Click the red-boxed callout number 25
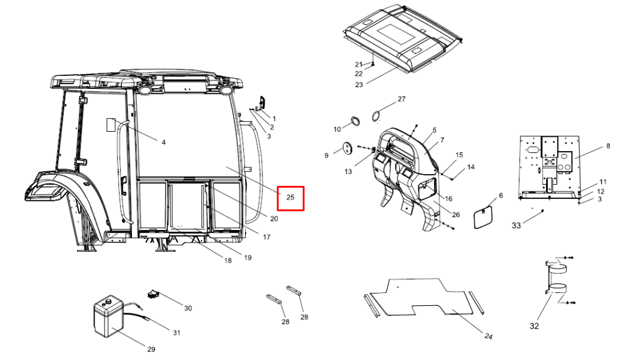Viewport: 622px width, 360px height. [x=290, y=197]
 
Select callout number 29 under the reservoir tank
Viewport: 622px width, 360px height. [x=151, y=349]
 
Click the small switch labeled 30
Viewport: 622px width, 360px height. [x=154, y=294]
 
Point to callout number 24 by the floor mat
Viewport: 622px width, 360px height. [x=488, y=336]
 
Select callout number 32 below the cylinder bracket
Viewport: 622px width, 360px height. [x=534, y=326]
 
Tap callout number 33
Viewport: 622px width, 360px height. [x=516, y=226]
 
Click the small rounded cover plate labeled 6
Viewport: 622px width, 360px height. [x=483, y=216]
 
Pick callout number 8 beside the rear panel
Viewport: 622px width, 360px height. [x=608, y=146]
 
